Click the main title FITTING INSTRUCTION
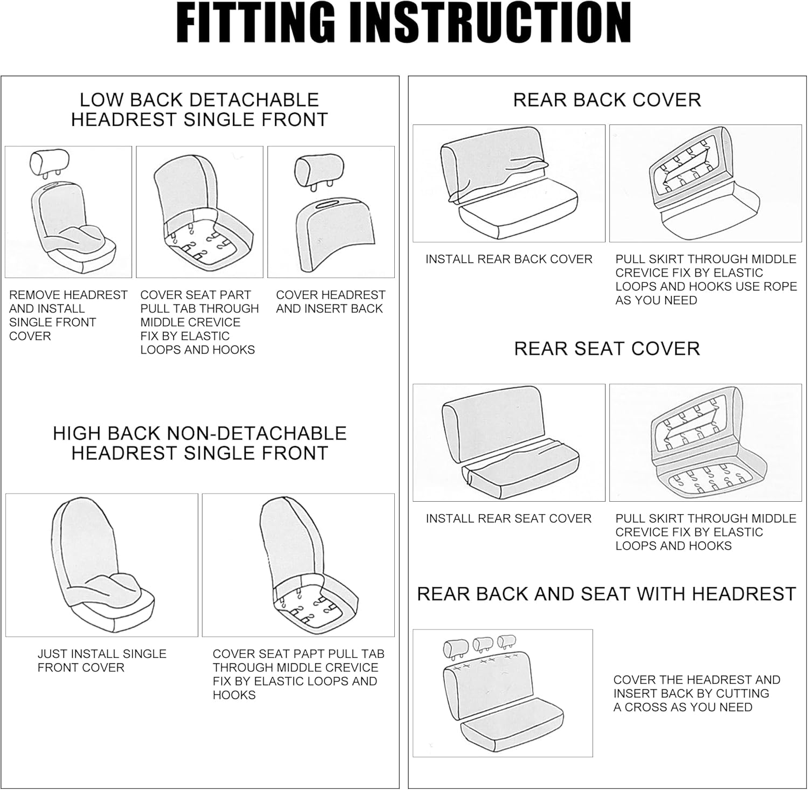[x=403, y=24]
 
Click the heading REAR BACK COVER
[x=607, y=100]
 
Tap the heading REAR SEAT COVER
[x=607, y=349]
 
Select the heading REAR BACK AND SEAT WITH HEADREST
[x=606, y=594]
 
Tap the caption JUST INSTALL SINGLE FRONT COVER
[x=101, y=661]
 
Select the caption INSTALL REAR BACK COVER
[x=509, y=259]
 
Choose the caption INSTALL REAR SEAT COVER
[x=509, y=518]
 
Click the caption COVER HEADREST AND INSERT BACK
[x=330, y=302]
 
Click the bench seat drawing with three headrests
[x=502, y=692]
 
